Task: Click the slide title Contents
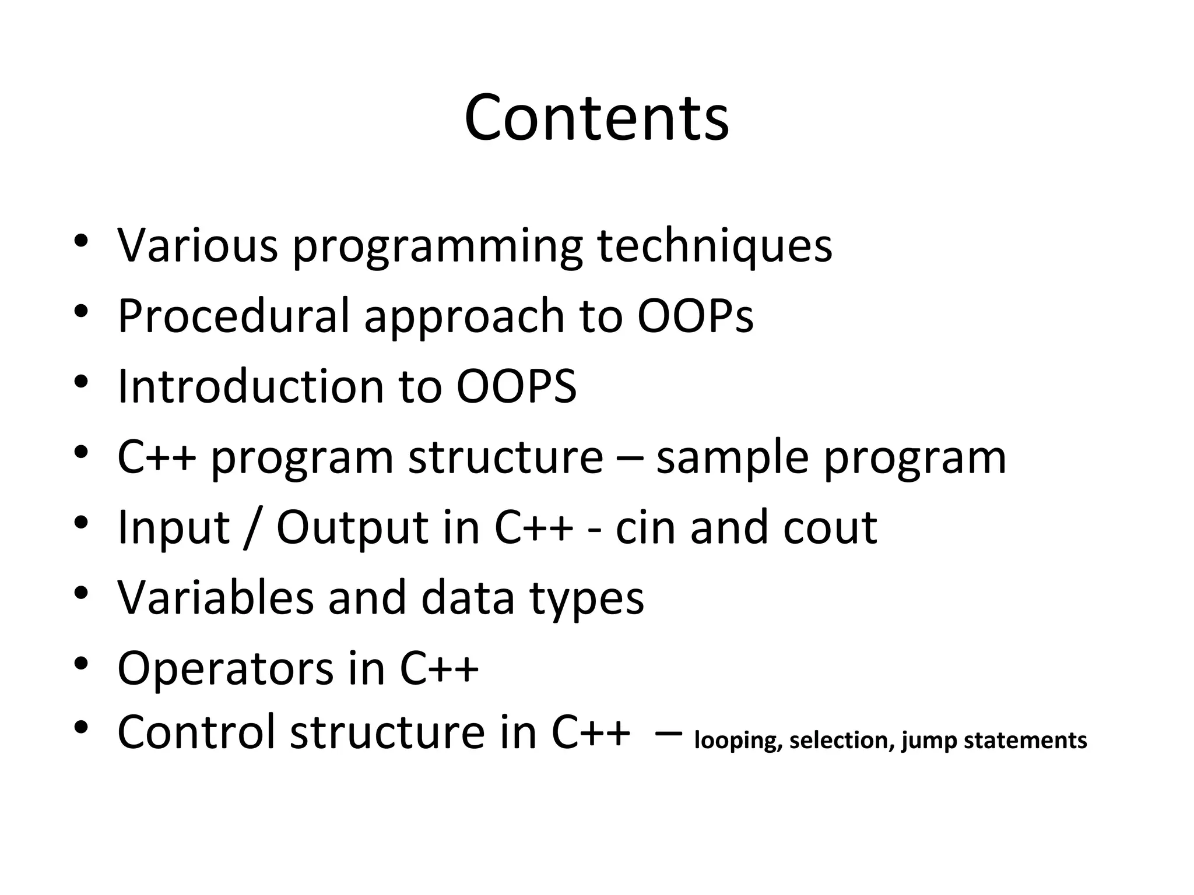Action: click(x=596, y=118)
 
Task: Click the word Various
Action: click(x=198, y=245)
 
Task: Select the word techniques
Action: click(x=715, y=245)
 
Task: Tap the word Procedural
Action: click(x=233, y=316)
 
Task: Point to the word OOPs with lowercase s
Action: click(x=695, y=316)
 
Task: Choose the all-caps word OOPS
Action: click(x=516, y=386)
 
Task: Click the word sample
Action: click(x=732, y=457)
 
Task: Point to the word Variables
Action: click(x=215, y=598)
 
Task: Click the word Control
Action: click(x=196, y=732)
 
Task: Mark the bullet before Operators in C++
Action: click(x=81, y=664)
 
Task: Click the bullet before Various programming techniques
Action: click(x=81, y=240)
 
